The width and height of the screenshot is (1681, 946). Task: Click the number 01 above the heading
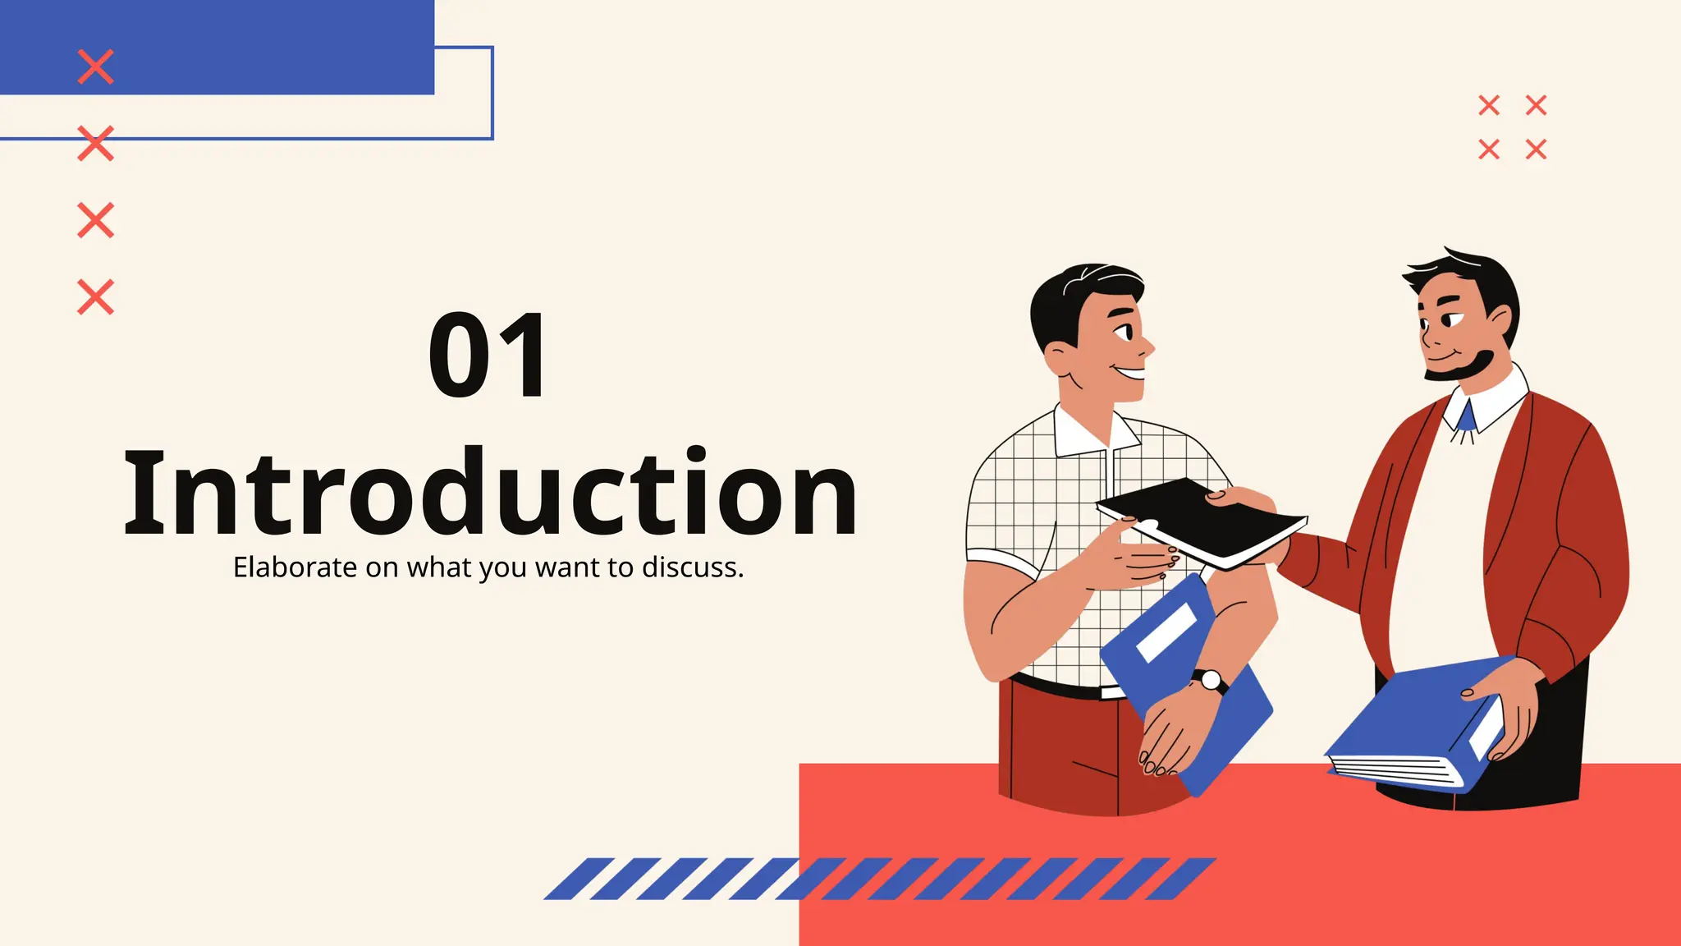tap(488, 356)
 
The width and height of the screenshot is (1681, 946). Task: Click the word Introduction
tap(491, 493)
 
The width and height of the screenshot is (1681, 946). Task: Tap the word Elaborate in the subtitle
tap(295, 567)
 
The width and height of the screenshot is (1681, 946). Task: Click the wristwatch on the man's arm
tap(1210, 680)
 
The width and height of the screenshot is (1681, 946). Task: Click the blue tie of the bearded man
tap(1465, 418)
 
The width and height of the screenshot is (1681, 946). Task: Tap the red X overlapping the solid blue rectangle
tap(95, 67)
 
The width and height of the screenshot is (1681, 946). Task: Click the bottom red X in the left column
tap(95, 296)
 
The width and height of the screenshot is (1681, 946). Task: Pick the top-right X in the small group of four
tap(1536, 105)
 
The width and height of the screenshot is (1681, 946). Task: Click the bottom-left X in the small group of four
tap(1489, 149)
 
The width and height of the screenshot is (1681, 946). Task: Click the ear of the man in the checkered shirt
tap(1057, 358)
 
